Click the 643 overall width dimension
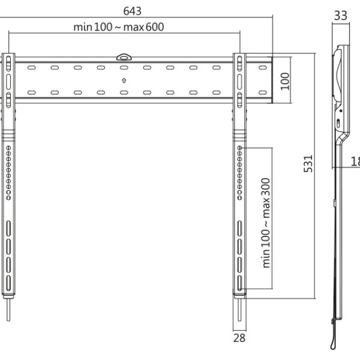click(137, 11)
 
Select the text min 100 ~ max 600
click(119, 26)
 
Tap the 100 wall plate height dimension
click(284, 80)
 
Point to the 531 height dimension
click(308, 163)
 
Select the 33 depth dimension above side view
click(340, 16)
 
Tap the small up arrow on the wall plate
click(123, 80)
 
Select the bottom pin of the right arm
click(239, 311)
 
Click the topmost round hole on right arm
click(239, 148)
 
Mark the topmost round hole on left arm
click(9, 148)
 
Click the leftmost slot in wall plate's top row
click(31, 68)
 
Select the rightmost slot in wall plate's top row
click(263, 68)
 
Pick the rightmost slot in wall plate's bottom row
click(263, 92)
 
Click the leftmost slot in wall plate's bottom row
click(31, 92)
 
